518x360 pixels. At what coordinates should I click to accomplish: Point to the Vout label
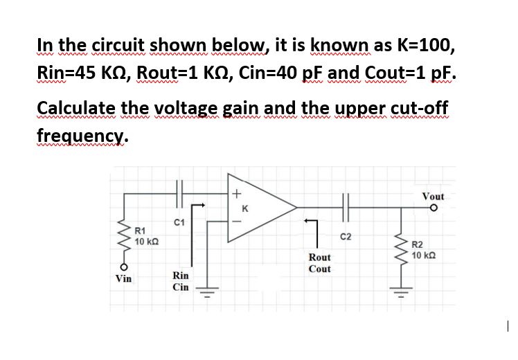pos(433,197)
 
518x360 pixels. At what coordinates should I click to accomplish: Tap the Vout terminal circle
pos(434,207)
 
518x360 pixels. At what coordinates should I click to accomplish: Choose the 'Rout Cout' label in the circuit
pos(319,262)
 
